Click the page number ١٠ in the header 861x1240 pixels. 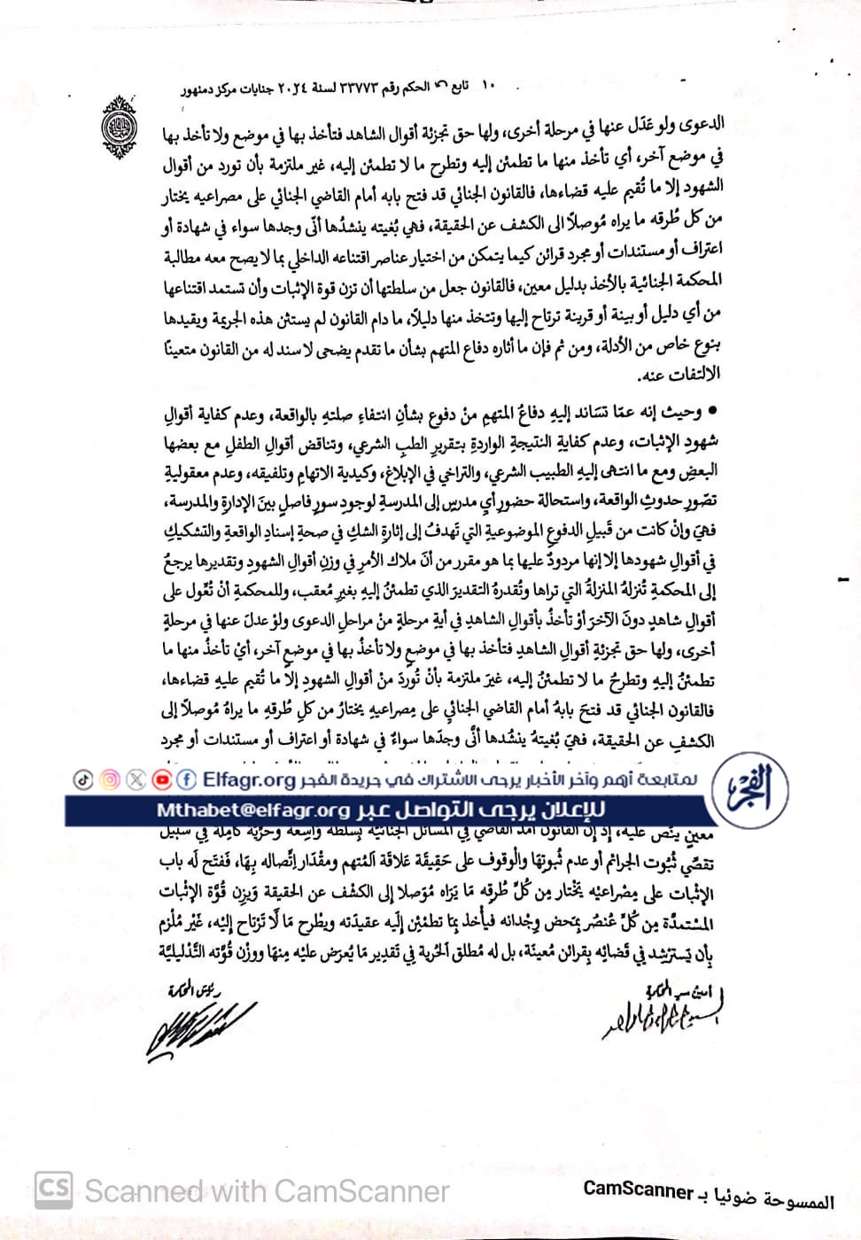click(489, 86)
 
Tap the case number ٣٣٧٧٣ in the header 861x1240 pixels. click(348, 88)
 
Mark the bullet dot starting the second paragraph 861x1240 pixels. click(711, 411)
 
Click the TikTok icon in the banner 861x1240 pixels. click(83, 779)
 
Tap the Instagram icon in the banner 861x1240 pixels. click(110, 779)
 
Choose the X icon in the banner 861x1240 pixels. click(136, 779)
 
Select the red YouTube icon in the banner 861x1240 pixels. click(161, 779)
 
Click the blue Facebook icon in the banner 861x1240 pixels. click(187, 779)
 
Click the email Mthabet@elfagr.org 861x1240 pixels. click(253, 810)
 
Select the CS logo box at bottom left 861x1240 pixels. click(54, 1189)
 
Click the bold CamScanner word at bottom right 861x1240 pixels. click(638, 1190)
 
